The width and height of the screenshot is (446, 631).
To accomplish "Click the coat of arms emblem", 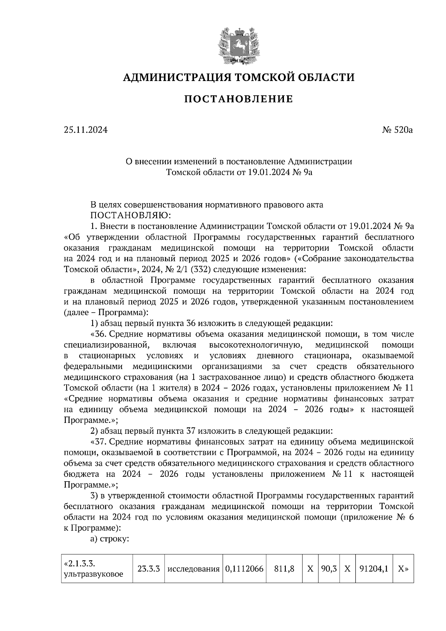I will coord(238,45).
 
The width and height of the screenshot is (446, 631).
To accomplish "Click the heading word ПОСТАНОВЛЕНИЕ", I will coord(239,99).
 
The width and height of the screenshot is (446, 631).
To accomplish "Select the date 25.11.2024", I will coord(85,130).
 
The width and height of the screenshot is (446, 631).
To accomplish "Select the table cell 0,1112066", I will coord(244,569).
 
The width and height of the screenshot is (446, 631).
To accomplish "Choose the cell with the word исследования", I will coord(193,569).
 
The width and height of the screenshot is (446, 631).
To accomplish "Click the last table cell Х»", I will coord(403,569).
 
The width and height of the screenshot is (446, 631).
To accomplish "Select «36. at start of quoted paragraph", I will coord(99,334).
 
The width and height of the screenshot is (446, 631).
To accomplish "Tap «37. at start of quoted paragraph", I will coord(99,442).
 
